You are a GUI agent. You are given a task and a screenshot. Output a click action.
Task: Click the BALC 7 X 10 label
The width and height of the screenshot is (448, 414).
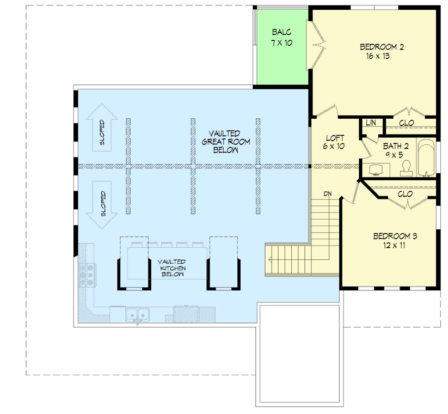[x=282, y=37]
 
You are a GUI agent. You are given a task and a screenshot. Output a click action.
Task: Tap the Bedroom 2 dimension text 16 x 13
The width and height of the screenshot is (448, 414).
[x=373, y=56]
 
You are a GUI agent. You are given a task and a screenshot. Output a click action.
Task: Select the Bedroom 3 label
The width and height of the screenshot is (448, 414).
[x=395, y=236]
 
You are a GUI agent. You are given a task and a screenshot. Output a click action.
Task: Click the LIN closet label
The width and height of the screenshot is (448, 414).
[x=371, y=123]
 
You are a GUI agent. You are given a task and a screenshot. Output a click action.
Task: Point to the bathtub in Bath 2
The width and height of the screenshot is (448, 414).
[x=426, y=159]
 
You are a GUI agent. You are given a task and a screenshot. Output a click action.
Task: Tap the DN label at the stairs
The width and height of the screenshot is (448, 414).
[x=328, y=194]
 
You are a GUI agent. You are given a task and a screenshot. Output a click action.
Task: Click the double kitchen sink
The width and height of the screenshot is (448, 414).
[x=137, y=314]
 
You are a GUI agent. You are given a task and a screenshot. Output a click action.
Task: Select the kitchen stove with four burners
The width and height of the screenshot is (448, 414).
[x=87, y=275]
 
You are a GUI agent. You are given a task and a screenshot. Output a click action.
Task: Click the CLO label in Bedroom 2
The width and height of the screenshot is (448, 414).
[x=406, y=123]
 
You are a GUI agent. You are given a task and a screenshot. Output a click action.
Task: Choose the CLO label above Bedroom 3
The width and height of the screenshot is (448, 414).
[x=405, y=194]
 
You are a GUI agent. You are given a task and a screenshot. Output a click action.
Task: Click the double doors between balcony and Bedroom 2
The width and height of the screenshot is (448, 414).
[x=315, y=45]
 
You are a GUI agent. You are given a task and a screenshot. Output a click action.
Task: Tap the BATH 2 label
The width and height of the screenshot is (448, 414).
[x=395, y=146]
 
